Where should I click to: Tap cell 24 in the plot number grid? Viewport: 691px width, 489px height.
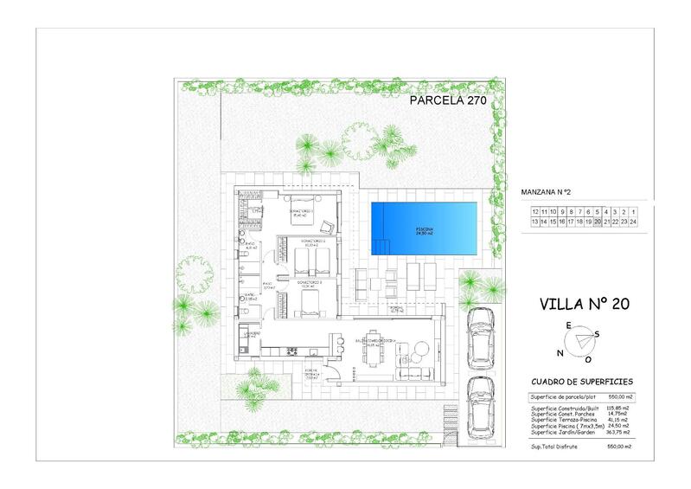click(633, 222)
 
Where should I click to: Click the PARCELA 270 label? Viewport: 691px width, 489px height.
click(448, 100)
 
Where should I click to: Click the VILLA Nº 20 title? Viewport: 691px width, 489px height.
click(583, 304)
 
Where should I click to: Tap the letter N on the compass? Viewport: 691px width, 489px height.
click(560, 353)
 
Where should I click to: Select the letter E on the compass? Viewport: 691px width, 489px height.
click(568, 325)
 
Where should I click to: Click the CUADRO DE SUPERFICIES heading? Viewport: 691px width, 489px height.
click(583, 381)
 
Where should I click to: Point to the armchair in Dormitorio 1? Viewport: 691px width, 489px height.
click(327, 228)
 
